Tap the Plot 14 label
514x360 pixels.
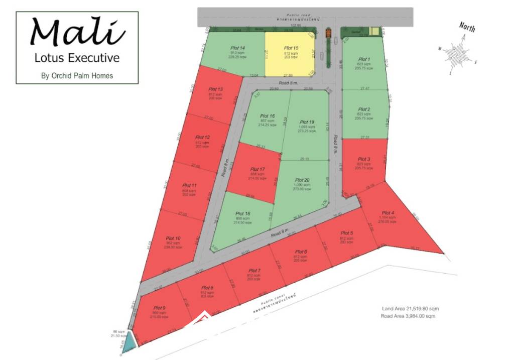tap(238, 46)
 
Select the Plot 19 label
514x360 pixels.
tap(307, 122)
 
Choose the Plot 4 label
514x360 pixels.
tap(388, 213)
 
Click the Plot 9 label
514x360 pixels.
tap(160, 307)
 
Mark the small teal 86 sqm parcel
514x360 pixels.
tap(130, 340)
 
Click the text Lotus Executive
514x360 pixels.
tap(77, 58)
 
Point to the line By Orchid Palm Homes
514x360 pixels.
tap(77, 76)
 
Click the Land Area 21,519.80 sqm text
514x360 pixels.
tap(407, 309)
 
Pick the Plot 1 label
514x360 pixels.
tap(364, 59)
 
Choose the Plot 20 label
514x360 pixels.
tap(303, 180)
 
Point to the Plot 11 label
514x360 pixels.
tap(190, 185)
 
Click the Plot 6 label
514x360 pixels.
tap(301, 252)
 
